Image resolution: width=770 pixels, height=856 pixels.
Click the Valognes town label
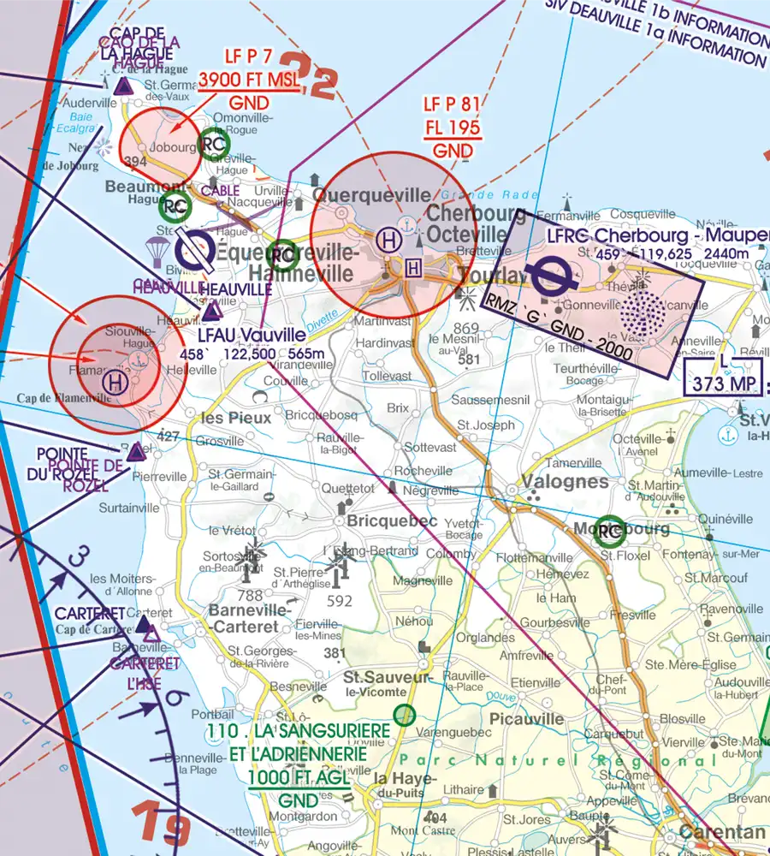[x=566, y=481]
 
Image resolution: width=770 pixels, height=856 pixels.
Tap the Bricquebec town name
[x=393, y=520]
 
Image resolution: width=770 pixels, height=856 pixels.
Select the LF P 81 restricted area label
[x=453, y=105]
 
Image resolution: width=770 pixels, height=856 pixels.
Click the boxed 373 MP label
[x=723, y=383]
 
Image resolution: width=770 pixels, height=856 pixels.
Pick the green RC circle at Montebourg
[x=610, y=532]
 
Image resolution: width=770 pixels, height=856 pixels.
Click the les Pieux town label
[x=235, y=418]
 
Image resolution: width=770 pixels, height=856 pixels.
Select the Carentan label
[x=721, y=832]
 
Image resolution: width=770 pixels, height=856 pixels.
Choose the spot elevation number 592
[x=340, y=601]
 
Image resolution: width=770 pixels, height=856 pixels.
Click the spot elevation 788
[x=251, y=595]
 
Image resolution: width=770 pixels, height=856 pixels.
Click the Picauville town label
[x=528, y=718]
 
